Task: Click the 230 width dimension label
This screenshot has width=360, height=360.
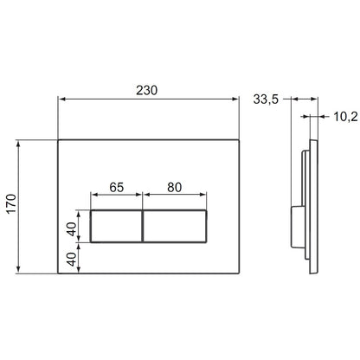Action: click(147, 90)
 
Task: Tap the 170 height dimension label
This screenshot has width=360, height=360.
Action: click(12, 204)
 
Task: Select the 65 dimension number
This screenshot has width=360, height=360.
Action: click(117, 187)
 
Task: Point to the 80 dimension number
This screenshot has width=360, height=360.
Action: click(175, 187)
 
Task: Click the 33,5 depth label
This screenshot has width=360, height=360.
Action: click(266, 100)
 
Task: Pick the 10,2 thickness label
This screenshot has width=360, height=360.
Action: click(345, 117)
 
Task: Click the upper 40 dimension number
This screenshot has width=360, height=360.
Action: click(72, 229)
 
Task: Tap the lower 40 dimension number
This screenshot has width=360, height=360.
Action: click(72, 259)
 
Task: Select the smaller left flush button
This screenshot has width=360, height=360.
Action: click(116, 227)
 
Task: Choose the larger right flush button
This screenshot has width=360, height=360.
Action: click(175, 227)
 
